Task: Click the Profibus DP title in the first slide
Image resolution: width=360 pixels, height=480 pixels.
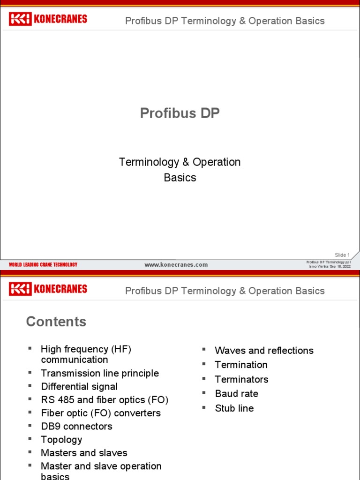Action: [x=180, y=113]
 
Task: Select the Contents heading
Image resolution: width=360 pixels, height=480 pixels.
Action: [x=56, y=322]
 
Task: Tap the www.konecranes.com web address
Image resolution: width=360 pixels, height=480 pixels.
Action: [x=176, y=264]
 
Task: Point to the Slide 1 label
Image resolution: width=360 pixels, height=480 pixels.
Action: [x=342, y=255]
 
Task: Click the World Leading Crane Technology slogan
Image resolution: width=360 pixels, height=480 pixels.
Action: [x=43, y=265]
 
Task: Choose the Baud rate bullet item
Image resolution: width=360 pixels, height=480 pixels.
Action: [x=236, y=394]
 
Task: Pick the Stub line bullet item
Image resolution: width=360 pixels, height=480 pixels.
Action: [x=234, y=408]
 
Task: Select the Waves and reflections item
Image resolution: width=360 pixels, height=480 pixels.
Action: [x=264, y=351]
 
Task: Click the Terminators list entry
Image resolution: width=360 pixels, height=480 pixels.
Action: [x=241, y=379]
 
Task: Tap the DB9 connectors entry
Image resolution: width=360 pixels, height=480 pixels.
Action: [x=76, y=427]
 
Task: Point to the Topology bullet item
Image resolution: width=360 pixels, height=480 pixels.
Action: [x=61, y=440]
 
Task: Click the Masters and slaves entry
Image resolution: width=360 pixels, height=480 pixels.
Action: [x=84, y=453]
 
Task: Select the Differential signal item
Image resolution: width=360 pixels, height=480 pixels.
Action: [x=79, y=387]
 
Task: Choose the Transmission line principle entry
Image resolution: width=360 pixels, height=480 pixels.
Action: [x=100, y=374]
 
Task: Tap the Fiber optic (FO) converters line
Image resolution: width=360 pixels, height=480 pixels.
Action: [x=101, y=413]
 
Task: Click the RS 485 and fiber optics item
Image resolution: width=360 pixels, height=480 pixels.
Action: [x=105, y=400]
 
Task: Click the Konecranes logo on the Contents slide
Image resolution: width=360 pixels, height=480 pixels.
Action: [x=48, y=289]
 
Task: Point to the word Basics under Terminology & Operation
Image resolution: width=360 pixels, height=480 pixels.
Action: [x=180, y=178]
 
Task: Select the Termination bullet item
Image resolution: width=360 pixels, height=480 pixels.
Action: [x=241, y=365]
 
